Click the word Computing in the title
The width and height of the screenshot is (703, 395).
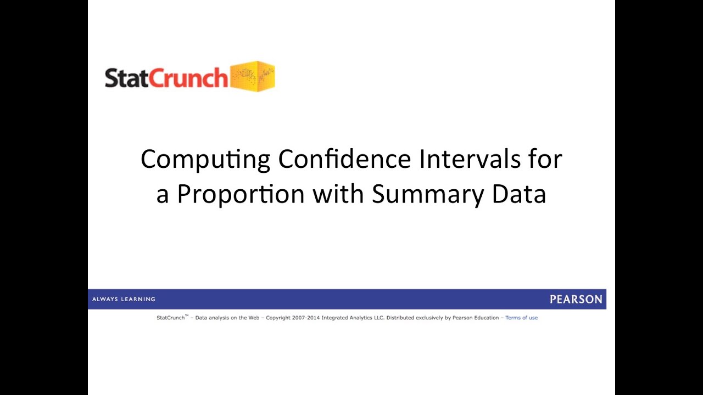point(205,160)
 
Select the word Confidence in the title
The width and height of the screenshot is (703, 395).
point(344,160)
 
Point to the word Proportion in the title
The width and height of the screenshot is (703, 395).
point(241,194)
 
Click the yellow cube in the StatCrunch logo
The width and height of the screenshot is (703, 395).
point(252,76)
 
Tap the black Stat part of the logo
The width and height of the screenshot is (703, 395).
point(126,78)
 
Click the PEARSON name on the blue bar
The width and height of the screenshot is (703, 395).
point(576,300)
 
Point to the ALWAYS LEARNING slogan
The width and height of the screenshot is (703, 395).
point(124,300)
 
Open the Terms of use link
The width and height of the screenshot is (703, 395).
point(521,318)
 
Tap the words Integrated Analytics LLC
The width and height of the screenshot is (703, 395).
point(353,318)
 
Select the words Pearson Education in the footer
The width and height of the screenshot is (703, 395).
point(476,318)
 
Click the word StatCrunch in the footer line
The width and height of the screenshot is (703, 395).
point(170,318)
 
